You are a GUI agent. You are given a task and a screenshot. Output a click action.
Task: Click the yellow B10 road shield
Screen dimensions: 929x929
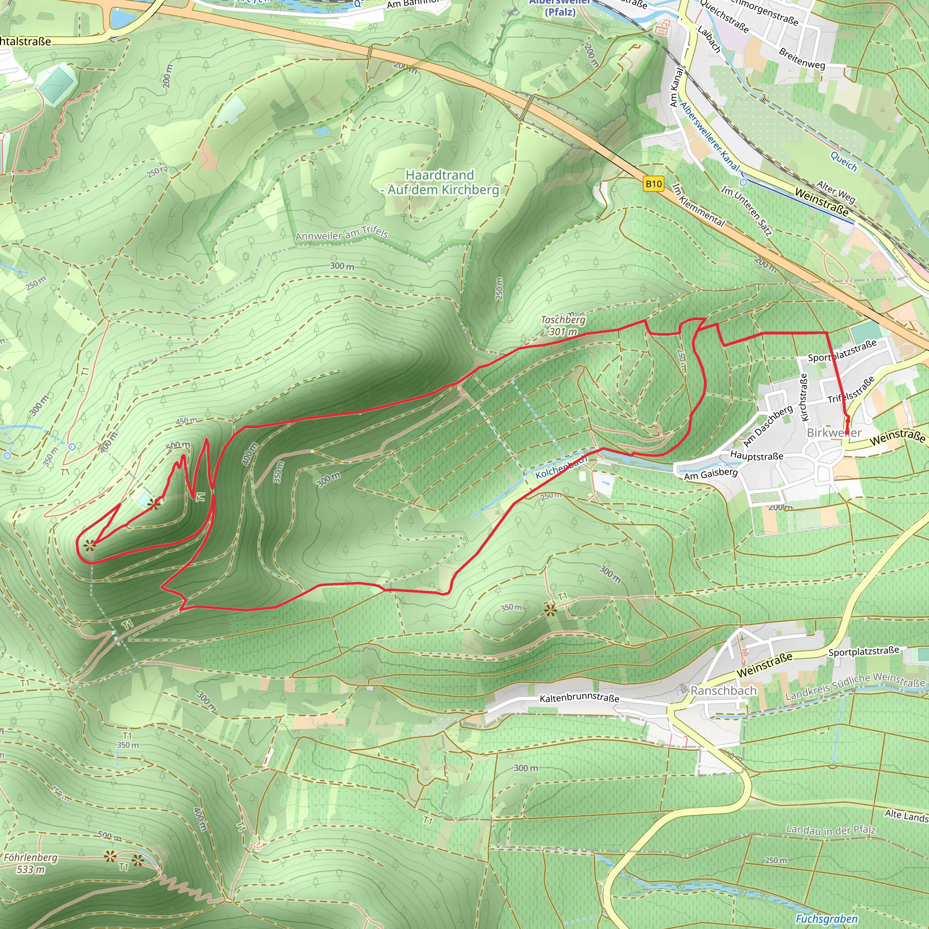click(654, 184)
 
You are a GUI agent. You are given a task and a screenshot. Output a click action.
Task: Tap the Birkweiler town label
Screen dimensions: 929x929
click(834, 433)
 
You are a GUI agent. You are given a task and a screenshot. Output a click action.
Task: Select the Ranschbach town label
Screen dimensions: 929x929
click(724, 691)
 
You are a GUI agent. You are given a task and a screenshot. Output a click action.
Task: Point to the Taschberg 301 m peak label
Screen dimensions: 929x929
click(563, 326)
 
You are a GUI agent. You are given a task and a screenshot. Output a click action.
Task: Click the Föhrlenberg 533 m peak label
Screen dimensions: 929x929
click(30, 863)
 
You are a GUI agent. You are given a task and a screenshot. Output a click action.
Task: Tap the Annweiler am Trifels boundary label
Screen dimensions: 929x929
click(342, 234)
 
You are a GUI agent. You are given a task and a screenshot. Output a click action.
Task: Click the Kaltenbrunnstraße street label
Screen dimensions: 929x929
click(579, 698)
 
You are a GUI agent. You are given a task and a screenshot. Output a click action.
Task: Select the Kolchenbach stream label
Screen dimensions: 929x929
click(561, 467)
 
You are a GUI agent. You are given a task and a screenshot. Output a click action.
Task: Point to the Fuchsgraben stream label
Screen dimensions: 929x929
click(826, 919)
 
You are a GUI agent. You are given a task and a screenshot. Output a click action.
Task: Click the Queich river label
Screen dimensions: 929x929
click(844, 161)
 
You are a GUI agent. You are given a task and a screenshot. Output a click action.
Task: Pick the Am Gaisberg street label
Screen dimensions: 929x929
click(711, 474)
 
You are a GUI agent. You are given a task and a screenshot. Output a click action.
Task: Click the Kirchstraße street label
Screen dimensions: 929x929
click(803, 398)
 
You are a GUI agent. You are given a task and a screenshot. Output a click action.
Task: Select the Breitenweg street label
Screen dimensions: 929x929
click(802, 59)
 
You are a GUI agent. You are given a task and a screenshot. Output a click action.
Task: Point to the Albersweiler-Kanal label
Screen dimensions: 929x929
click(709, 137)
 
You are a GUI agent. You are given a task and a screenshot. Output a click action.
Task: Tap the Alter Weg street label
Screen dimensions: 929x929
click(836, 191)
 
